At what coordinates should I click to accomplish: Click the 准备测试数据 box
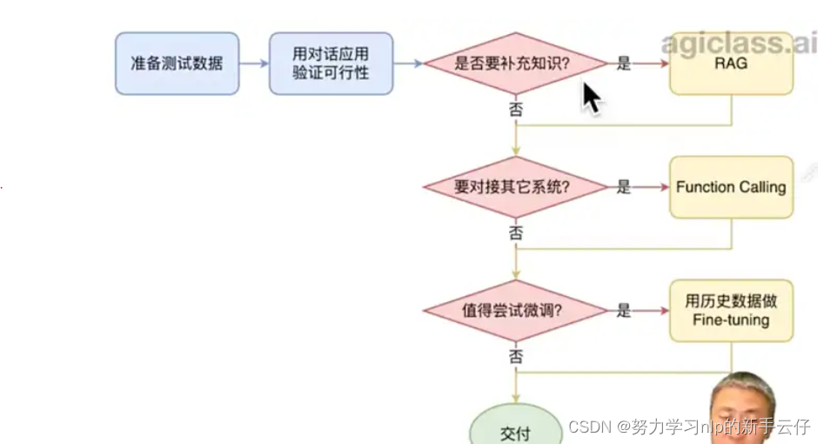[177, 64]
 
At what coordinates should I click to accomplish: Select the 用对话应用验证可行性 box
[331, 64]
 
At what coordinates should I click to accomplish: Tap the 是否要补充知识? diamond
[514, 64]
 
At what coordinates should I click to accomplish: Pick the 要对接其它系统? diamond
[514, 187]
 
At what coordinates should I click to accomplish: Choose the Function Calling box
[731, 187]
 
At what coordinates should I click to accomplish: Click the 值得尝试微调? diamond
[514, 311]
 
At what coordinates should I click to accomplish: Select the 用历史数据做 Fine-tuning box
[731, 311]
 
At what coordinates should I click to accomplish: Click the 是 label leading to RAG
[623, 64]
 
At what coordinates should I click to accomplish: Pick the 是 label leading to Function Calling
[623, 187]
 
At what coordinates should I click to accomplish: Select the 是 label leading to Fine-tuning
[623, 311]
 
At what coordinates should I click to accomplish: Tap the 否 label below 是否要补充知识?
[515, 109]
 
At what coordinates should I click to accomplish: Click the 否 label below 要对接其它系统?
[515, 232]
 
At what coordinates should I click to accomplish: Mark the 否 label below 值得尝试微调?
[515, 356]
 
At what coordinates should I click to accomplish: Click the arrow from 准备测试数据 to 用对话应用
[253, 64]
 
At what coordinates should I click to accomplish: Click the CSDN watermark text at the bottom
[687, 427]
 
